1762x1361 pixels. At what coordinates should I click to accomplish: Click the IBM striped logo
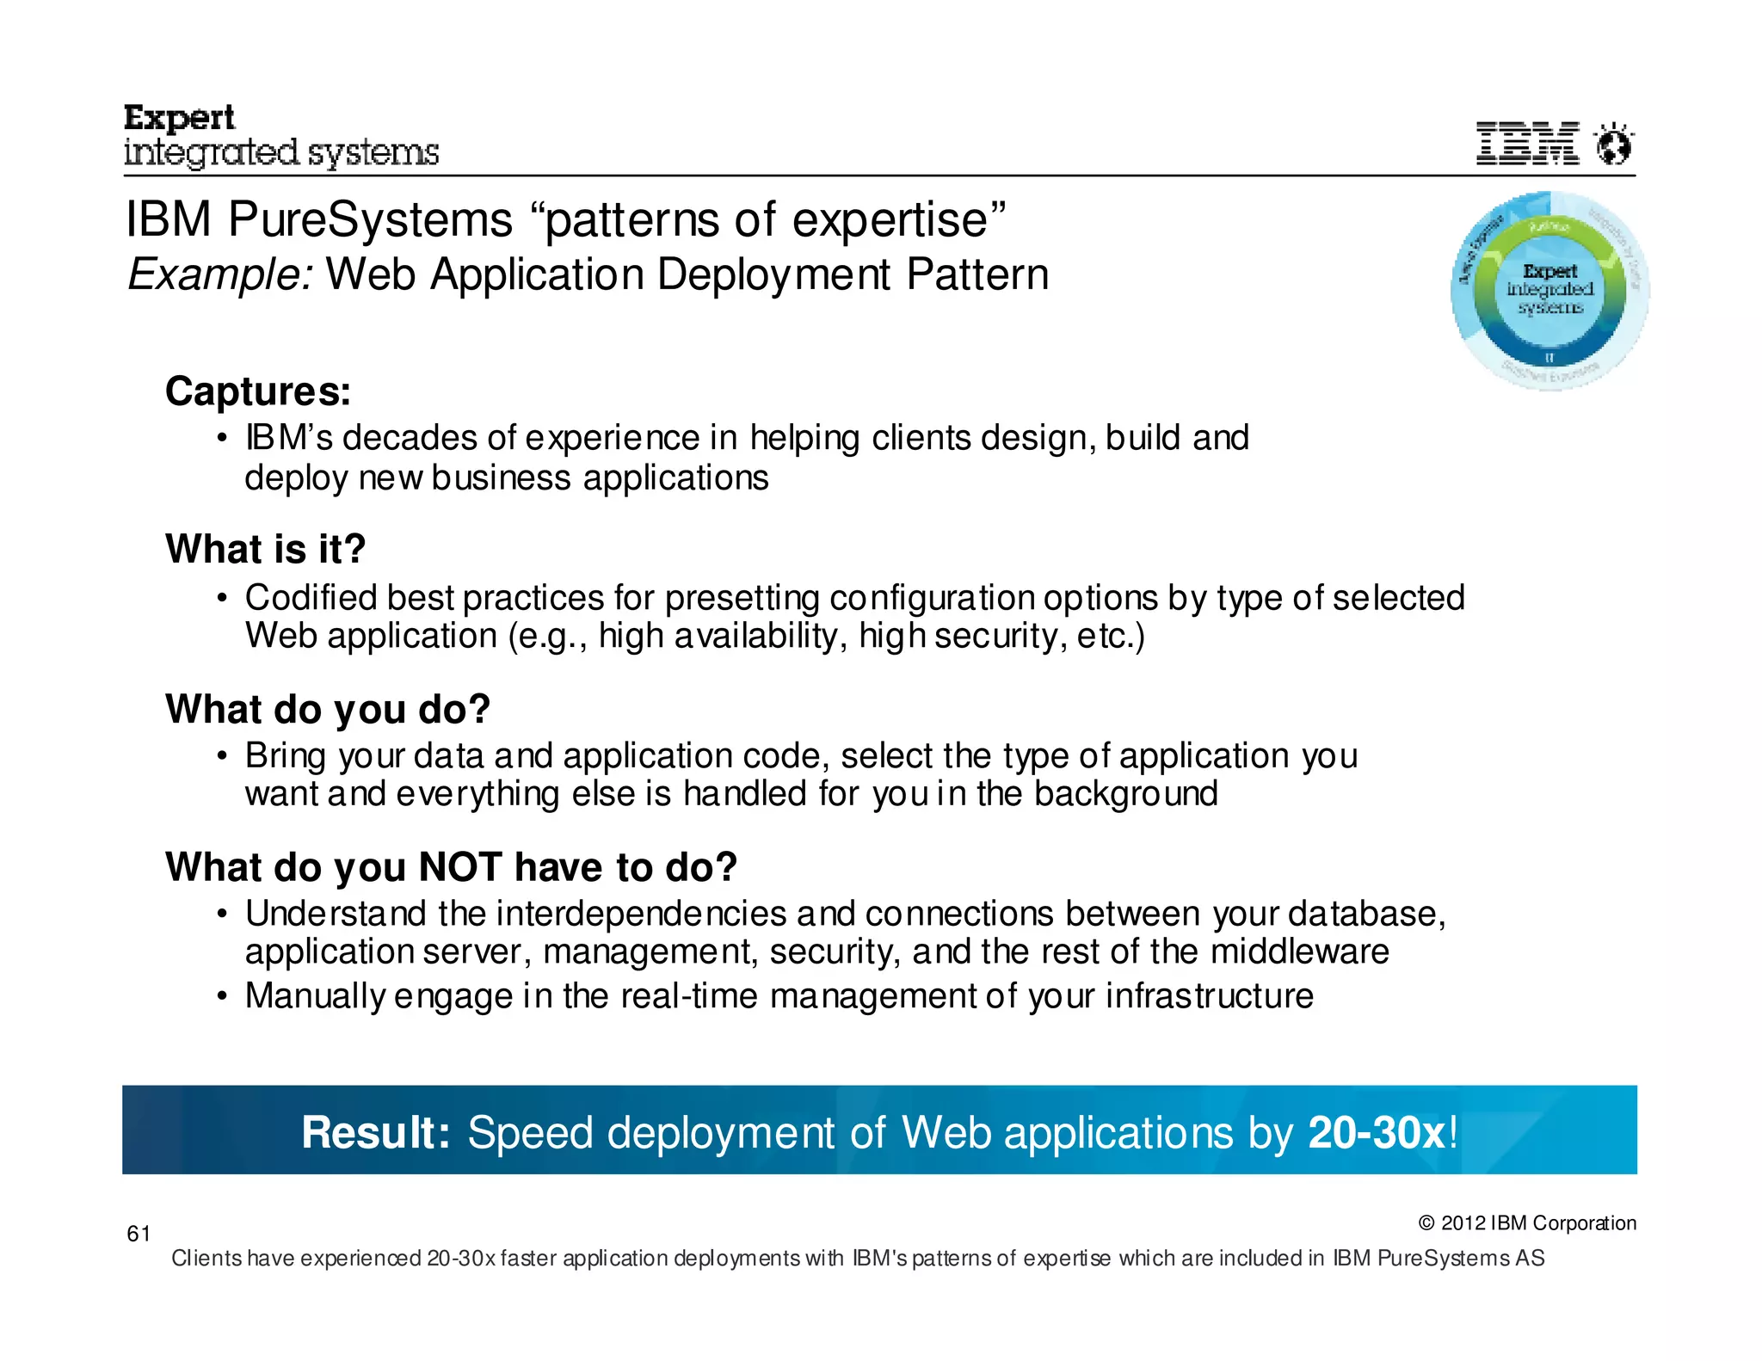click(1527, 143)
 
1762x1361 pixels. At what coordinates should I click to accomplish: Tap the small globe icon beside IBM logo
click(1614, 144)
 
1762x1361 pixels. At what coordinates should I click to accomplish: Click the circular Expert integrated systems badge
click(1549, 290)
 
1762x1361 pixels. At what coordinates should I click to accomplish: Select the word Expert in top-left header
click(179, 118)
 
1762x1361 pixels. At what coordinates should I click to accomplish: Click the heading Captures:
click(258, 391)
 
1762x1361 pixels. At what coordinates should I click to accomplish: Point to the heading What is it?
click(266, 549)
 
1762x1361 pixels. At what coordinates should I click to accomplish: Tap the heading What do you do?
click(328, 709)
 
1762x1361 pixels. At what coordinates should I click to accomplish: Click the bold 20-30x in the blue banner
click(1377, 1132)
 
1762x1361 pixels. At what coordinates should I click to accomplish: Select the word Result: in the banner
click(376, 1132)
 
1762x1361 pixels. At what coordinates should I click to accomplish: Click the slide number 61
click(139, 1234)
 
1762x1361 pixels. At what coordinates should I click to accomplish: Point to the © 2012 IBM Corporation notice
click(1527, 1222)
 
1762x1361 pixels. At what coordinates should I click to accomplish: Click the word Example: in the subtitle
click(220, 275)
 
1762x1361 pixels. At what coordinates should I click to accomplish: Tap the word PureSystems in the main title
click(370, 219)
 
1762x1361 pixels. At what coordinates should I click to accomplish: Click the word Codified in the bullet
click(311, 598)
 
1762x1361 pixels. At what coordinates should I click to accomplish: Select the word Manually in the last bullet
click(316, 995)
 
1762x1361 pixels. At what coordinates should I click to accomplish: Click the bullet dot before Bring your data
click(222, 756)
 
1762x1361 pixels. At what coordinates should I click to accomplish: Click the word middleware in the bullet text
click(1299, 951)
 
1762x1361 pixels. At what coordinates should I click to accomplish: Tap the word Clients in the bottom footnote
click(206, 1258)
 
